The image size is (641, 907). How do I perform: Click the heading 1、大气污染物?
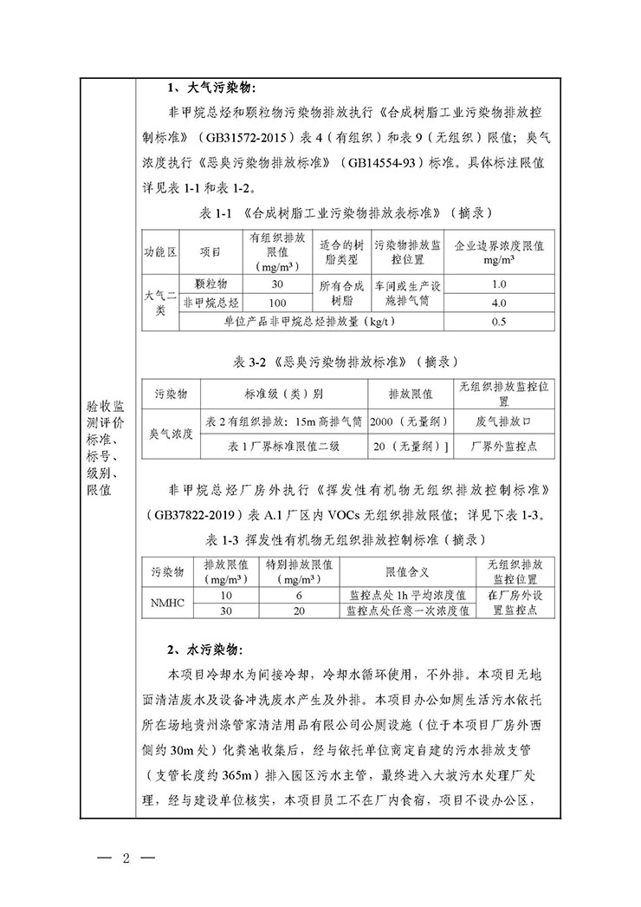coord(212,88)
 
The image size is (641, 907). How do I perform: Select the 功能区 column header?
coord(160,251)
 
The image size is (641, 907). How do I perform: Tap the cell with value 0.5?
coord(498,323)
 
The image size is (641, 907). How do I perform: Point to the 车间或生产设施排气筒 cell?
coord(408,293)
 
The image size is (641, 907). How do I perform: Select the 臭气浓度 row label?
coord(171,433)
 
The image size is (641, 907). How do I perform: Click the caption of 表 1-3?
coord(346,540)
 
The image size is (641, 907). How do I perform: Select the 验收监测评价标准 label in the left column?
coord(107,449)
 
